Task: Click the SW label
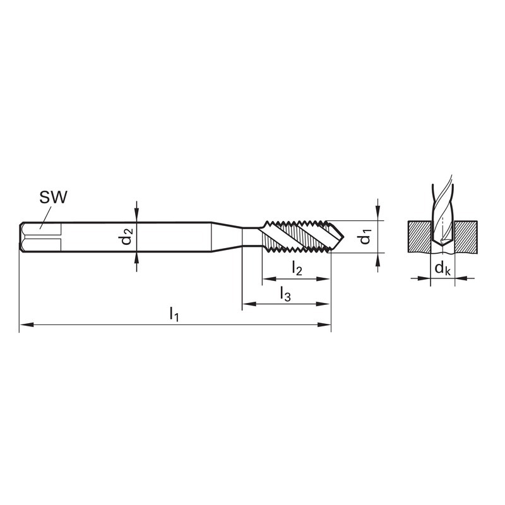(53, 197)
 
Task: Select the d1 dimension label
(365, 236)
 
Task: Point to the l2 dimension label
(297, 268)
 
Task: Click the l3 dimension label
(285, 294)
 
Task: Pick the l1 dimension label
(174, 314)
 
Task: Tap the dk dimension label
(443, 268)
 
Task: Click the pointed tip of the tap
(343, 237)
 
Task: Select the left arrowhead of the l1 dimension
(27, 324)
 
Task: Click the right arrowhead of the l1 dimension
(324, 324)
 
